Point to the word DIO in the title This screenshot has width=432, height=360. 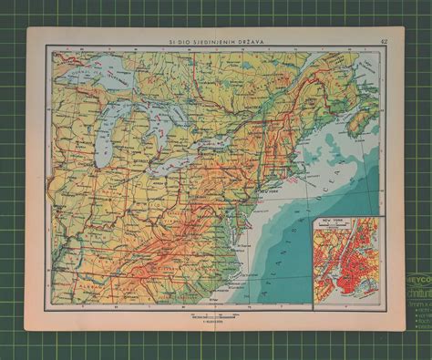coord(180,39)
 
